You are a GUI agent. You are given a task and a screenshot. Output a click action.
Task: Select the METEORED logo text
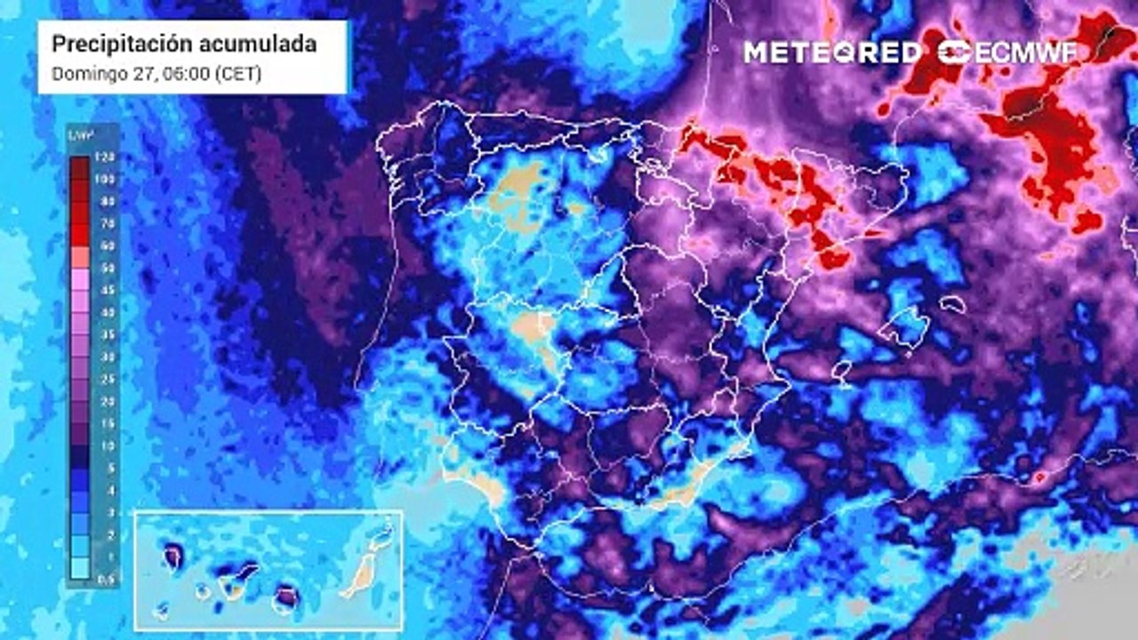point(832,52)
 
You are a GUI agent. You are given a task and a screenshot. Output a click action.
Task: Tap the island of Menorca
point(952,304)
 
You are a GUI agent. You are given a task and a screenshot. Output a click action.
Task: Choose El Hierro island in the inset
point(161,610)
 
